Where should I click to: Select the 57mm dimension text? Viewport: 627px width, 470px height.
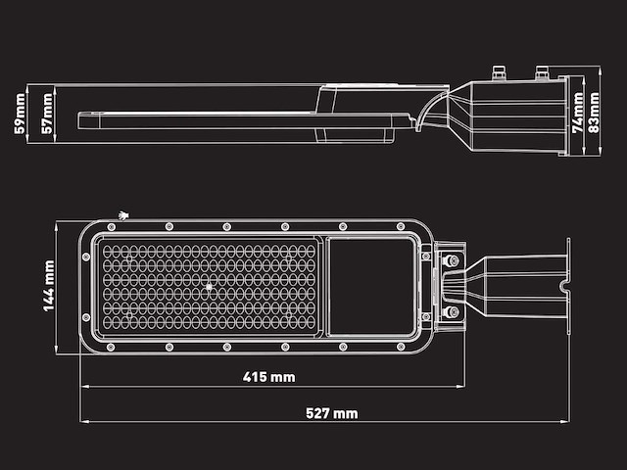tap(46, 114)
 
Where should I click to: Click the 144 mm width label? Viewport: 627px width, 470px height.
tap(48, 285)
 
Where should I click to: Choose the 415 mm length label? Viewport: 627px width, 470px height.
tap(268, 377)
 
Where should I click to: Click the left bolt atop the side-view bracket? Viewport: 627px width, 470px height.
tap(498, 71)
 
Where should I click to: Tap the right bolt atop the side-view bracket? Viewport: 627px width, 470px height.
tap(541, 71)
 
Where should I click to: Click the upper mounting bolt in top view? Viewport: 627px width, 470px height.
tap(452, 261)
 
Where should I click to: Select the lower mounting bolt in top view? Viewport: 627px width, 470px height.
tap(452, 312)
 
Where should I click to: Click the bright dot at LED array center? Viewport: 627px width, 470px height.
tap(208, 287)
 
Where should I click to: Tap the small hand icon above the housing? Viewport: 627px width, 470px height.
tap(123, 212)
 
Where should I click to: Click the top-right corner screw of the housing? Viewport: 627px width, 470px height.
tap(401, 227)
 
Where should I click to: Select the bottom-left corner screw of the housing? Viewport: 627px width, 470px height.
tap(106, 346)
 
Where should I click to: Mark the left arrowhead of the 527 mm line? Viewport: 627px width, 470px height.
tap(83, 422)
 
